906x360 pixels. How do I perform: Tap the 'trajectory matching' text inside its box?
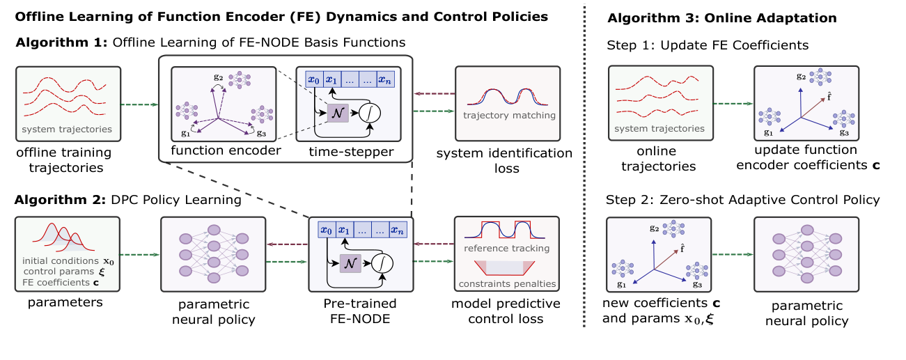(x=508, y=115)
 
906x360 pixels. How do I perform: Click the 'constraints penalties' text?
(x=506, y=284)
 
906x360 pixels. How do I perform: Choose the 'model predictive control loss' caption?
(x=506, y=312)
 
